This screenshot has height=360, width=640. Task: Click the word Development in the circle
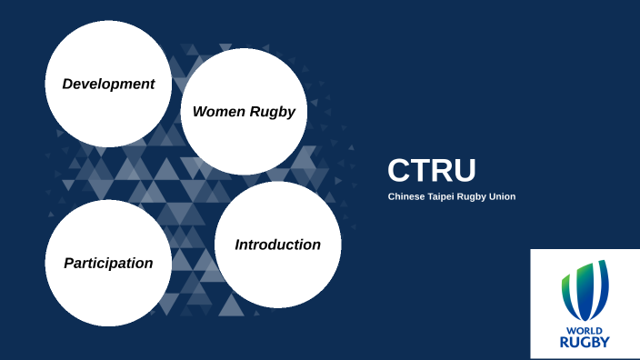click(x=108, y=84)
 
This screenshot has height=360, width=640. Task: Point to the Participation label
click(x=108, y=263)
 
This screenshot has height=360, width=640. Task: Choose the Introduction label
click(x=277, y=245)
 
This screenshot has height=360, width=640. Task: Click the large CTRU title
click(x=432, y=171)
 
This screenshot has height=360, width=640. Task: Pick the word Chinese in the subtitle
click(x=405, y=196)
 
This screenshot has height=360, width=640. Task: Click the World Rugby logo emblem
click(x=585, y=291)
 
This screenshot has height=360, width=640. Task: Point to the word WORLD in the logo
click(x=585, y=330)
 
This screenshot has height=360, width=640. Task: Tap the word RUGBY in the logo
click(x=585, y=342)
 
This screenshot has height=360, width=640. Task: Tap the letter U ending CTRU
click(x=465, y=171)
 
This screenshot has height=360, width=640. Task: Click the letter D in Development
click(x=67, y=84)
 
